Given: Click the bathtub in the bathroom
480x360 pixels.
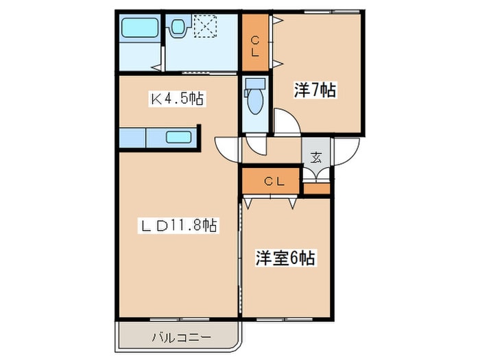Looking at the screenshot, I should coord(140,28).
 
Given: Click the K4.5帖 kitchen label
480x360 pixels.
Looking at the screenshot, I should coord(177,99).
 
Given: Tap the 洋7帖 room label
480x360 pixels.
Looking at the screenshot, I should coord(315,89).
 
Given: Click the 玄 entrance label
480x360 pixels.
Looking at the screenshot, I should coord(316,156).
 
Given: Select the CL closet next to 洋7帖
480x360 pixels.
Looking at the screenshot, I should coord(254,42).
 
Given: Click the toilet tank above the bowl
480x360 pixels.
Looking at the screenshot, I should coord(255,84).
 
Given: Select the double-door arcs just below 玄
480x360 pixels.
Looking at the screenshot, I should coord(316,173).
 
